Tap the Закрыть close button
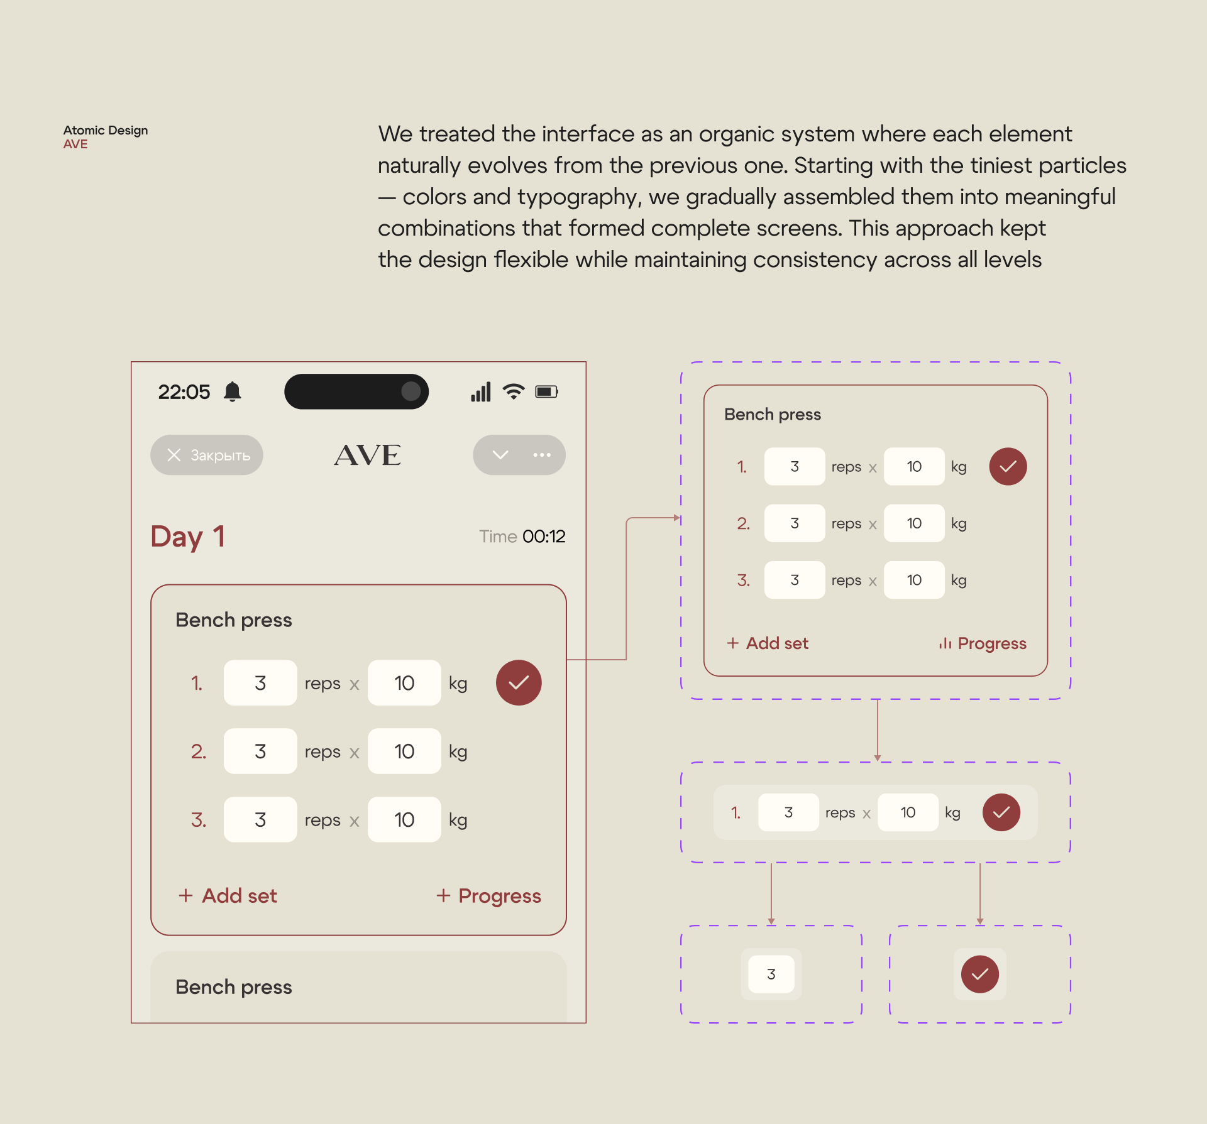point(207,455)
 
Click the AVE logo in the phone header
point(367,455)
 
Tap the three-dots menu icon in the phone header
point(542,455)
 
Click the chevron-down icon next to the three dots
point(500,455)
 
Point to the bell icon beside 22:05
point(233,391)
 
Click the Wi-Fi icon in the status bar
point(514,391)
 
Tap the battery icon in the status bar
point(546,391)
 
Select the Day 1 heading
point(187,537)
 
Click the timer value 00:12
point(544,536)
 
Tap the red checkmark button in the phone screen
point(519,682)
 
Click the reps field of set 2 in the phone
point(260,751)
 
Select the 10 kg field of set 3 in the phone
point(404,819)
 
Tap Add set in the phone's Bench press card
point(228,895)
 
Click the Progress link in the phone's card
point(488,896)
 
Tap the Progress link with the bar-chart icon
point(983,643)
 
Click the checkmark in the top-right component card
point(1008,466)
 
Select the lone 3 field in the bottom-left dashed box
point(771,974)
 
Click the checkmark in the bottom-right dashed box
point(980,974)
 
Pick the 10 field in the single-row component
point(908,812)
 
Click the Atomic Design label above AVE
point(106,130)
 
